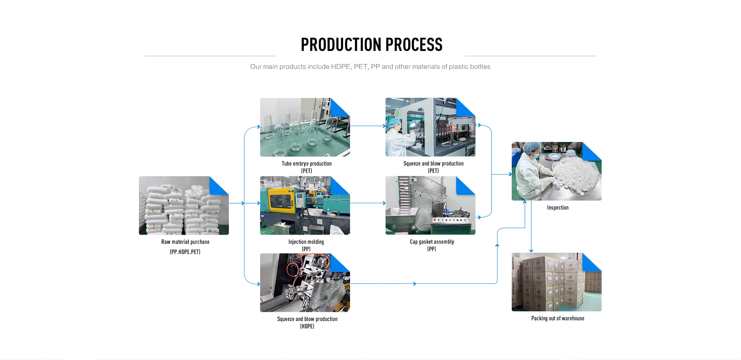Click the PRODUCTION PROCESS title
coord(371,45)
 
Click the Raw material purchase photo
coord(184,206)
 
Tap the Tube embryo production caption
coord(306,164)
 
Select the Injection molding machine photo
coord(305,206)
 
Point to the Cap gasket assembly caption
coord(432,242)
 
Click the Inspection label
coord(558,208)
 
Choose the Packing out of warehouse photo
coord(556,282)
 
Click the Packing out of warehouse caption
coord(558,318)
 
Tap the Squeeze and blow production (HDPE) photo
coord(305,283)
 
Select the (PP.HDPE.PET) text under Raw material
coord(185,252)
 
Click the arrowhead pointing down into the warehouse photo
coord(531,250)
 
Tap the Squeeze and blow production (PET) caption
coord(433,164)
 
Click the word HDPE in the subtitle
coord(340,67)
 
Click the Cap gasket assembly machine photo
coord(430,206)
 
